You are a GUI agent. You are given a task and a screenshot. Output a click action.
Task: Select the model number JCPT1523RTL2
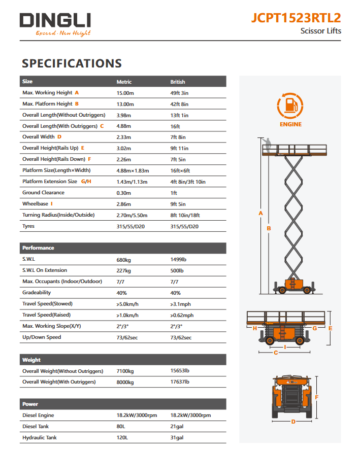pyautogui.click(x=296, y=18)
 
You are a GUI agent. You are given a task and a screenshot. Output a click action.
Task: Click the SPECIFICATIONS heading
pyautogui.click(x=72, y=63)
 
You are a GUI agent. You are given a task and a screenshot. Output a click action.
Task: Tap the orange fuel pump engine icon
pyautogui.click(x=290, y=106)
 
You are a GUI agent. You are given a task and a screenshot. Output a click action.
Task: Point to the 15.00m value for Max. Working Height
pyautogui.click(x=125, y=93)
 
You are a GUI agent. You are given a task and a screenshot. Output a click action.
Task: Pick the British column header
pyautogui.click(x=178, y=82)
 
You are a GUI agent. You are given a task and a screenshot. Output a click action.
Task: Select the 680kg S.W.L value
pyautogui.click(x=123, y=259)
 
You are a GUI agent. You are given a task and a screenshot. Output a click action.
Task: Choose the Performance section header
pyautogui.click(x=38, y=248)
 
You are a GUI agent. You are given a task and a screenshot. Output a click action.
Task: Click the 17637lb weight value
pyautogui.click(x=180, y=382)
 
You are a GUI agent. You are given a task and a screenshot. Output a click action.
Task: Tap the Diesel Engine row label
pyautogui.click(x=38, y=415)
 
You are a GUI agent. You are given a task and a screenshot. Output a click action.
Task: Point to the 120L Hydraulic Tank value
pyautogui.click(x=122, y=438)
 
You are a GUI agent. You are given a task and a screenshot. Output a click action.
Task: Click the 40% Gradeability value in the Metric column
pyautogui.click(x=122, y=293)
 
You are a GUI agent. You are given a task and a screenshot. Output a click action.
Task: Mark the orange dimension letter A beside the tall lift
pyautogui.click(x=261, y=213)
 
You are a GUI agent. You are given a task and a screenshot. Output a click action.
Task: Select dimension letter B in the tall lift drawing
pyautogui.click(x=269, y=228)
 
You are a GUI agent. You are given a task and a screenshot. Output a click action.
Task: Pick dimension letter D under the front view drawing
pyautogui.click(x=293, y=422)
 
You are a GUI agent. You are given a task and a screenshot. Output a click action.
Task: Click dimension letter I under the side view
pyautogui.click(x=285, y=346)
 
